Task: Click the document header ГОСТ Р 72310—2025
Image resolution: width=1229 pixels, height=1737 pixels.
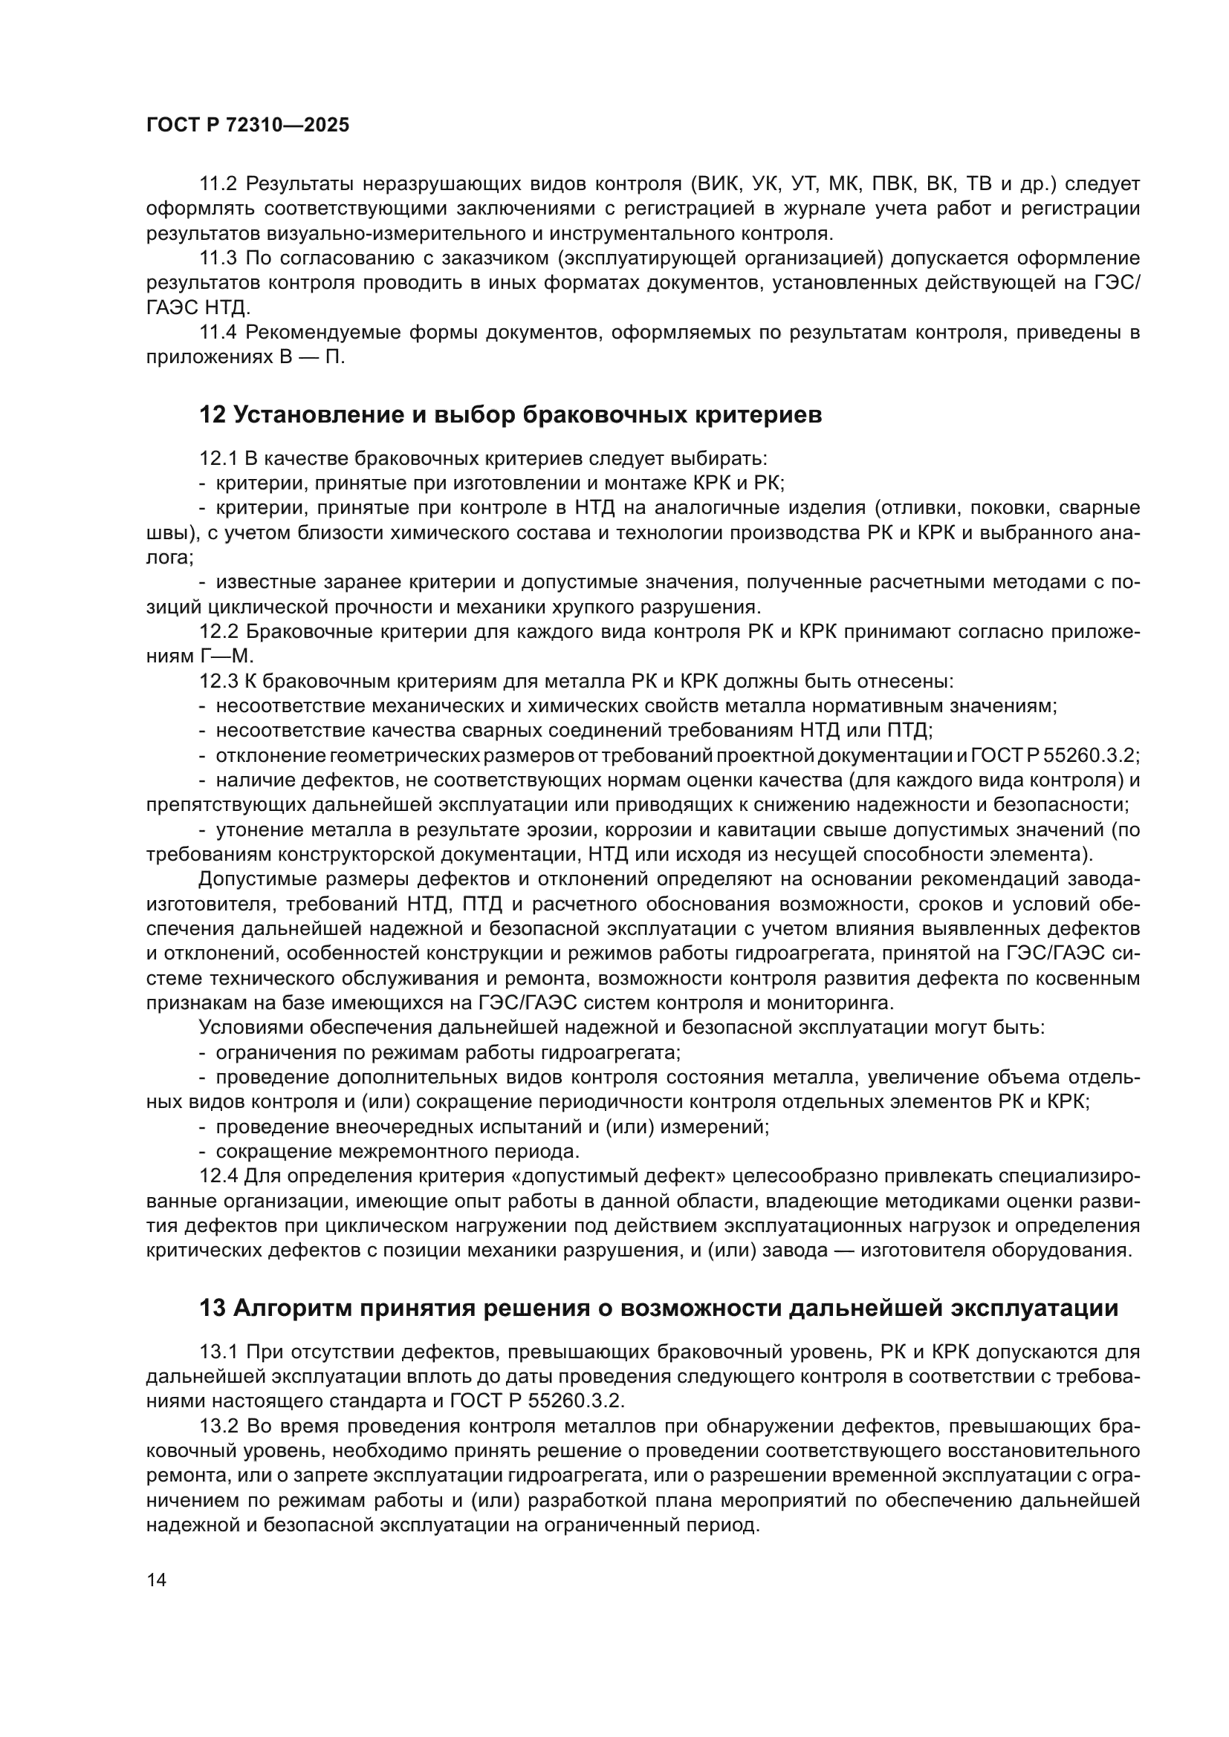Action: point(247,126)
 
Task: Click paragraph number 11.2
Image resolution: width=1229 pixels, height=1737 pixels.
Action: point(218,184)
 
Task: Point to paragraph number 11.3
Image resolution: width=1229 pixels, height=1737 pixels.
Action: point(218,258)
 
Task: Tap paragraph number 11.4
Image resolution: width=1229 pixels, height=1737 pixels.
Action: point(218,332)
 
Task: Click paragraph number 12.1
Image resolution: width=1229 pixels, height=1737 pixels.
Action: point(218,458)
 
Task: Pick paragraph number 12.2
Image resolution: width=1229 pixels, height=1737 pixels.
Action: point(218,632)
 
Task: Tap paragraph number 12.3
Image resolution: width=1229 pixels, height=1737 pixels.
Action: point(218,681)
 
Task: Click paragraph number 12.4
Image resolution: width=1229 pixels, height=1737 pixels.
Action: point(218,1176)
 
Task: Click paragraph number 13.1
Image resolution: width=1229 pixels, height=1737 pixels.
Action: point(218,1351)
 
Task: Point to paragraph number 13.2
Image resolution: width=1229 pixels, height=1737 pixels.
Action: point(218,1426)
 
